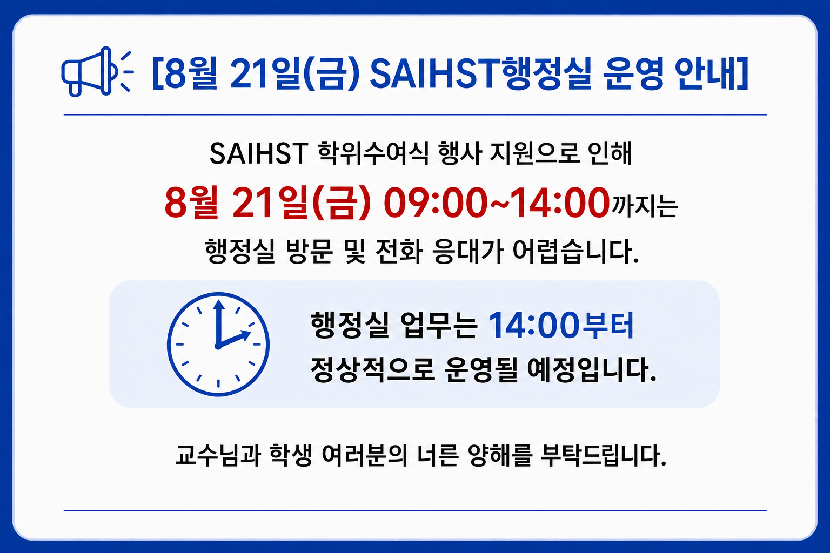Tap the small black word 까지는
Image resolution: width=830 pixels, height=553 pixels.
[x=645, y=206]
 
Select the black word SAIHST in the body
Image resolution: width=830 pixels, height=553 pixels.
[x=259, y=153]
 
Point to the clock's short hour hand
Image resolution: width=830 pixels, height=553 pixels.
[x=234, y=339]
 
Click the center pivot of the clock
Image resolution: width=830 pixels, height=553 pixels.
[x=218, y=346]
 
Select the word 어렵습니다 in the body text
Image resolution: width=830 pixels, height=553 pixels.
[x=576, y=252]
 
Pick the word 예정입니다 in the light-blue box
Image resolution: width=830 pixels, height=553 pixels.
[x=591, y=370]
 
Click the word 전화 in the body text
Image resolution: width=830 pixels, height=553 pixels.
[x=399, y=252]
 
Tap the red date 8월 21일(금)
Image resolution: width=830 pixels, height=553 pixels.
[x=267, y=203]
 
